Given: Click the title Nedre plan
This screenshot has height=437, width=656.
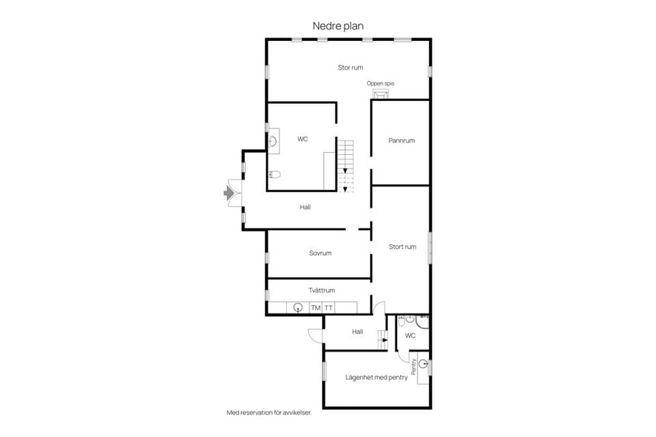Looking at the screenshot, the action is click(x=338, y=26).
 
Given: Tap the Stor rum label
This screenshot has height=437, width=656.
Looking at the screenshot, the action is click(x=351, y=68).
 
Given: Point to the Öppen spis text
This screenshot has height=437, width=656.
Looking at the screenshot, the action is click(x=381, y=83).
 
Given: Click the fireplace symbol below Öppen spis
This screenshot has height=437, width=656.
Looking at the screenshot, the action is click(x=381, y=94).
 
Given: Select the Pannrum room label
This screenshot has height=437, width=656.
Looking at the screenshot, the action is click(x=402, y=141).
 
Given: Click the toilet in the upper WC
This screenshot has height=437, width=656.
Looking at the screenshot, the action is click(x=275, y=174).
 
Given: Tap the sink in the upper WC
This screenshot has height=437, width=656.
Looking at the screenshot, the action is click(x=273, y=141).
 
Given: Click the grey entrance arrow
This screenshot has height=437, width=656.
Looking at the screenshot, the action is click(x=228, y=193).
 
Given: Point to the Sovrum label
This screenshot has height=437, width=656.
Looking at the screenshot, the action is click(x=320, y=253).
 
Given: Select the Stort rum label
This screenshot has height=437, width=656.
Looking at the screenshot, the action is click(x=402, y=246).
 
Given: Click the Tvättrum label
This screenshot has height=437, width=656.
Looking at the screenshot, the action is click(x=322, y=290).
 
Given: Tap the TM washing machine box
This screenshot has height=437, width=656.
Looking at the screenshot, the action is click(x=316, y=308).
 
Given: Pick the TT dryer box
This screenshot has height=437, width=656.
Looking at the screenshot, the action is click(x=329, y=308).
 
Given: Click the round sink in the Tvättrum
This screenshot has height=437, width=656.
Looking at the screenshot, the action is click(x=298, y=307).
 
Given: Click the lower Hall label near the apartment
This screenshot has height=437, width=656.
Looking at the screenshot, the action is click(x=357, y=332).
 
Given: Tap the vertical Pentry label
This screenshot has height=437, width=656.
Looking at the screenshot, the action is click(x=414, y=366).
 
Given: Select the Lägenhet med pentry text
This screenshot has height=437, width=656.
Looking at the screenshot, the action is click(x=377, y=377).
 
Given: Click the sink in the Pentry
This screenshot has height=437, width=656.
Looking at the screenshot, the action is click(x=424, y=364).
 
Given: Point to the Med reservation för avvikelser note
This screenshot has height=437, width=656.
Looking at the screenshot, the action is click(x=269, y=412).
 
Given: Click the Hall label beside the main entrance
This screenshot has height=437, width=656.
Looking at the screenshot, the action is click(x=305, y=207).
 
